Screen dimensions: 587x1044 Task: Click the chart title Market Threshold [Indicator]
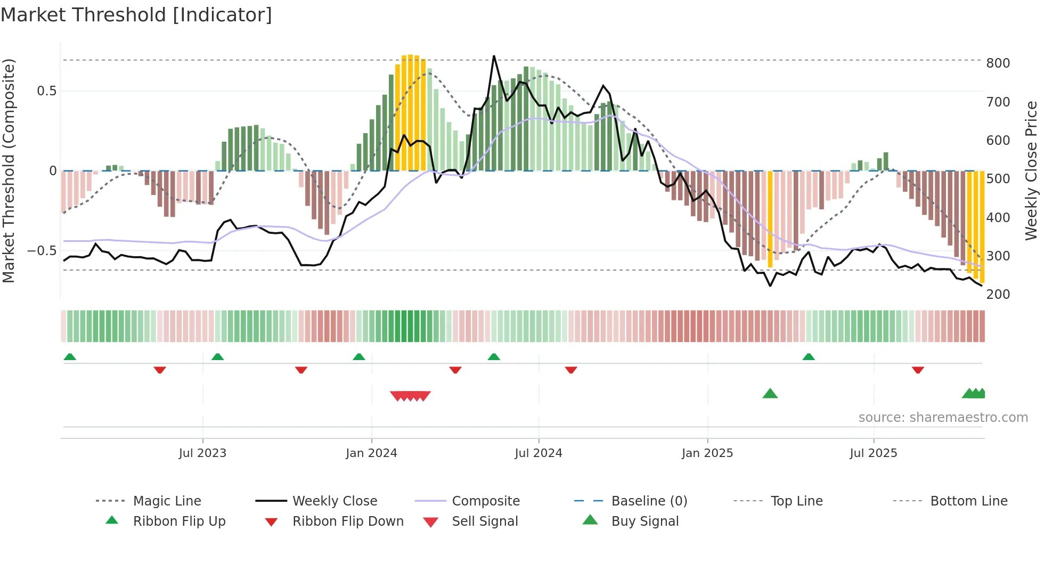136,15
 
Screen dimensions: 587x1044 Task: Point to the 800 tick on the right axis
998,63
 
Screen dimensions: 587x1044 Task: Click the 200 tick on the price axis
998,295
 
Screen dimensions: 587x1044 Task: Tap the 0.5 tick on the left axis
46,91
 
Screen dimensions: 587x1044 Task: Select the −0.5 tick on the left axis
42,251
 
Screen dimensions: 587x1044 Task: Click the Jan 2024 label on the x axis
371,453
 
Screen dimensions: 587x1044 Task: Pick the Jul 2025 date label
873,453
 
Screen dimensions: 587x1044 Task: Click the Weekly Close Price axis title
1031,170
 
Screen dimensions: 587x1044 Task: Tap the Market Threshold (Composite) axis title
9,170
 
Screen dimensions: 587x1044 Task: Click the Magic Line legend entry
167,501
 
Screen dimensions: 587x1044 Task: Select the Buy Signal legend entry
645,521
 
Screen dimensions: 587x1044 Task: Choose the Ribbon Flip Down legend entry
347,521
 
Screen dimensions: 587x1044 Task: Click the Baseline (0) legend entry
649,501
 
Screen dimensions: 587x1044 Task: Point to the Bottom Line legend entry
968,501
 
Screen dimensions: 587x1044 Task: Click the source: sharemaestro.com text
943,418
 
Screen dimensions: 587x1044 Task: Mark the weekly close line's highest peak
494,56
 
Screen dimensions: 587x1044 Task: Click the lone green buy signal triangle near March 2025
770,394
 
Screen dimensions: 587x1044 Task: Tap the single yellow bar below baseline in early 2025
770,218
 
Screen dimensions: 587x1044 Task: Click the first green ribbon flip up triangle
70,357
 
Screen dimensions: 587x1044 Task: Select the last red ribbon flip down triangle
917,370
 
